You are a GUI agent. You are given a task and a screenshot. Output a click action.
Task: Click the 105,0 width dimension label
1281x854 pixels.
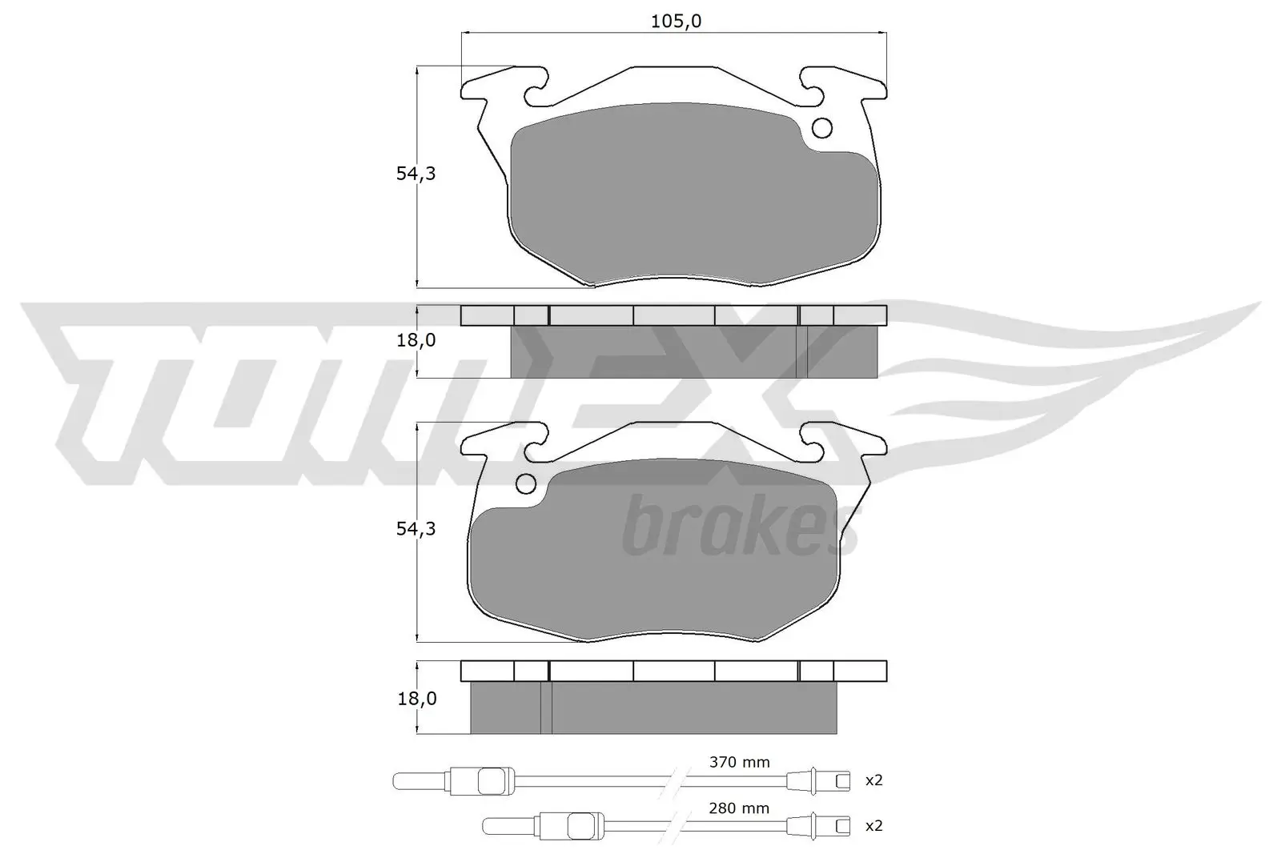tap(675, 22)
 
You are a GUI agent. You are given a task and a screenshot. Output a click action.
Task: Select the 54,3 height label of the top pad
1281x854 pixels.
tap(416, 174)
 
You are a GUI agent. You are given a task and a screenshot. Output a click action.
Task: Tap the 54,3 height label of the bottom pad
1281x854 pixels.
tap(416, 529)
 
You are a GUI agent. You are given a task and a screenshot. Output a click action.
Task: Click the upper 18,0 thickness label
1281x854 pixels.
tap(416, 340)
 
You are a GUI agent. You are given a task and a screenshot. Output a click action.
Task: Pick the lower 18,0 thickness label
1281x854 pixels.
tap(416, 699)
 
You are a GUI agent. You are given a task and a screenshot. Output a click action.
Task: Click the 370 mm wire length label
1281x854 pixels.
tap(739, 762)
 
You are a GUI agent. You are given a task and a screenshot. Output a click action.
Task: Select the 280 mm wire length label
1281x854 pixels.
tap(739, 808)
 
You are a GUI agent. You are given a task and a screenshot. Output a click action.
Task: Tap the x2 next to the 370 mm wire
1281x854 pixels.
tap(873, 780)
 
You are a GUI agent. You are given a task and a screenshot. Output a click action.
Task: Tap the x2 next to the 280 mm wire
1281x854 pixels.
tap(873, 826)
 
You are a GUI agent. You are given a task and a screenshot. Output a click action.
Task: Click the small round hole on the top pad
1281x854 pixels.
tap(822, 128)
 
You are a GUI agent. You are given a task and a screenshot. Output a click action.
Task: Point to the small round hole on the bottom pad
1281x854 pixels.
tap(526, 483)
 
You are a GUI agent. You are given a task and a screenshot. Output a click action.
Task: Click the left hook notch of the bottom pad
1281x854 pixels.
tap(537, 445)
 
